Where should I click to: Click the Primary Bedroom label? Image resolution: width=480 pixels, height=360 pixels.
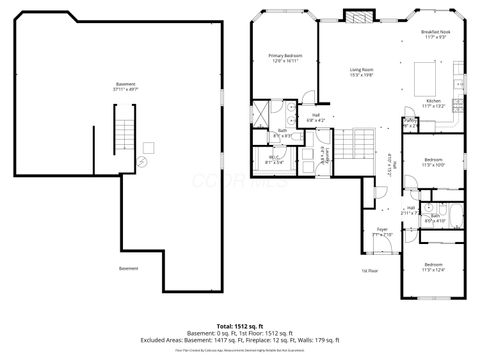(285, 57)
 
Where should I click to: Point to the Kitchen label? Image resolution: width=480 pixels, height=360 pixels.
(433, 103)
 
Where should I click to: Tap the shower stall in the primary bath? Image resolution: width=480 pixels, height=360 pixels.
(258, 112)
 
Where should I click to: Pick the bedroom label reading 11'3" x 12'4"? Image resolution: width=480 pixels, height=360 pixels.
(434, 267)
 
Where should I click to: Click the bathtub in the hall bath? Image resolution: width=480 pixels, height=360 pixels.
(456, 215)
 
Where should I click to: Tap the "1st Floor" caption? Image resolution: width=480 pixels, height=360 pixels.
(370, 270)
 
